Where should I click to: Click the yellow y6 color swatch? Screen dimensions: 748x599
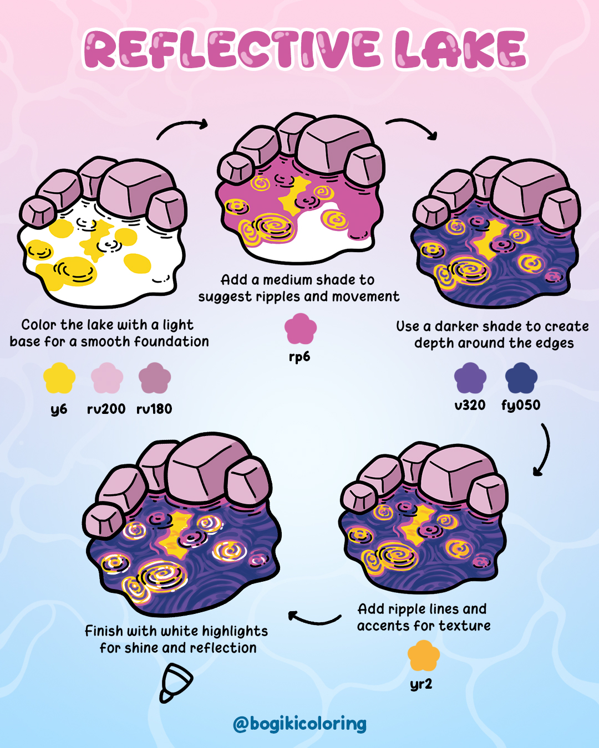point(59,378)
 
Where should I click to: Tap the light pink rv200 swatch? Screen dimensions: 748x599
point(107,378)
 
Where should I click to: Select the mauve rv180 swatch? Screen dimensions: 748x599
point(155,378)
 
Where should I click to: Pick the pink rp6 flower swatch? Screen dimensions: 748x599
point(300,329)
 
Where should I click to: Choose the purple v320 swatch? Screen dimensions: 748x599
point(470,378)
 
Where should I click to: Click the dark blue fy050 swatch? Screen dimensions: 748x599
point(521,378)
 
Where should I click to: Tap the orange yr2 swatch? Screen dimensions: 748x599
point(423,656)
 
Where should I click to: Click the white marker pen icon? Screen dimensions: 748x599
point(176,683)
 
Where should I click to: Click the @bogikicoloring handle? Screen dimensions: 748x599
point(299,724)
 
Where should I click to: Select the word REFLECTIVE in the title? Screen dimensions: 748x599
point(232,50)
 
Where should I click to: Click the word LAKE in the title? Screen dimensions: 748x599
point(460,50)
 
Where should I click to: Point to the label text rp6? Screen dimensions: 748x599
point(299,357)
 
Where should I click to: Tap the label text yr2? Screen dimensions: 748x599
point(421,684)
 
